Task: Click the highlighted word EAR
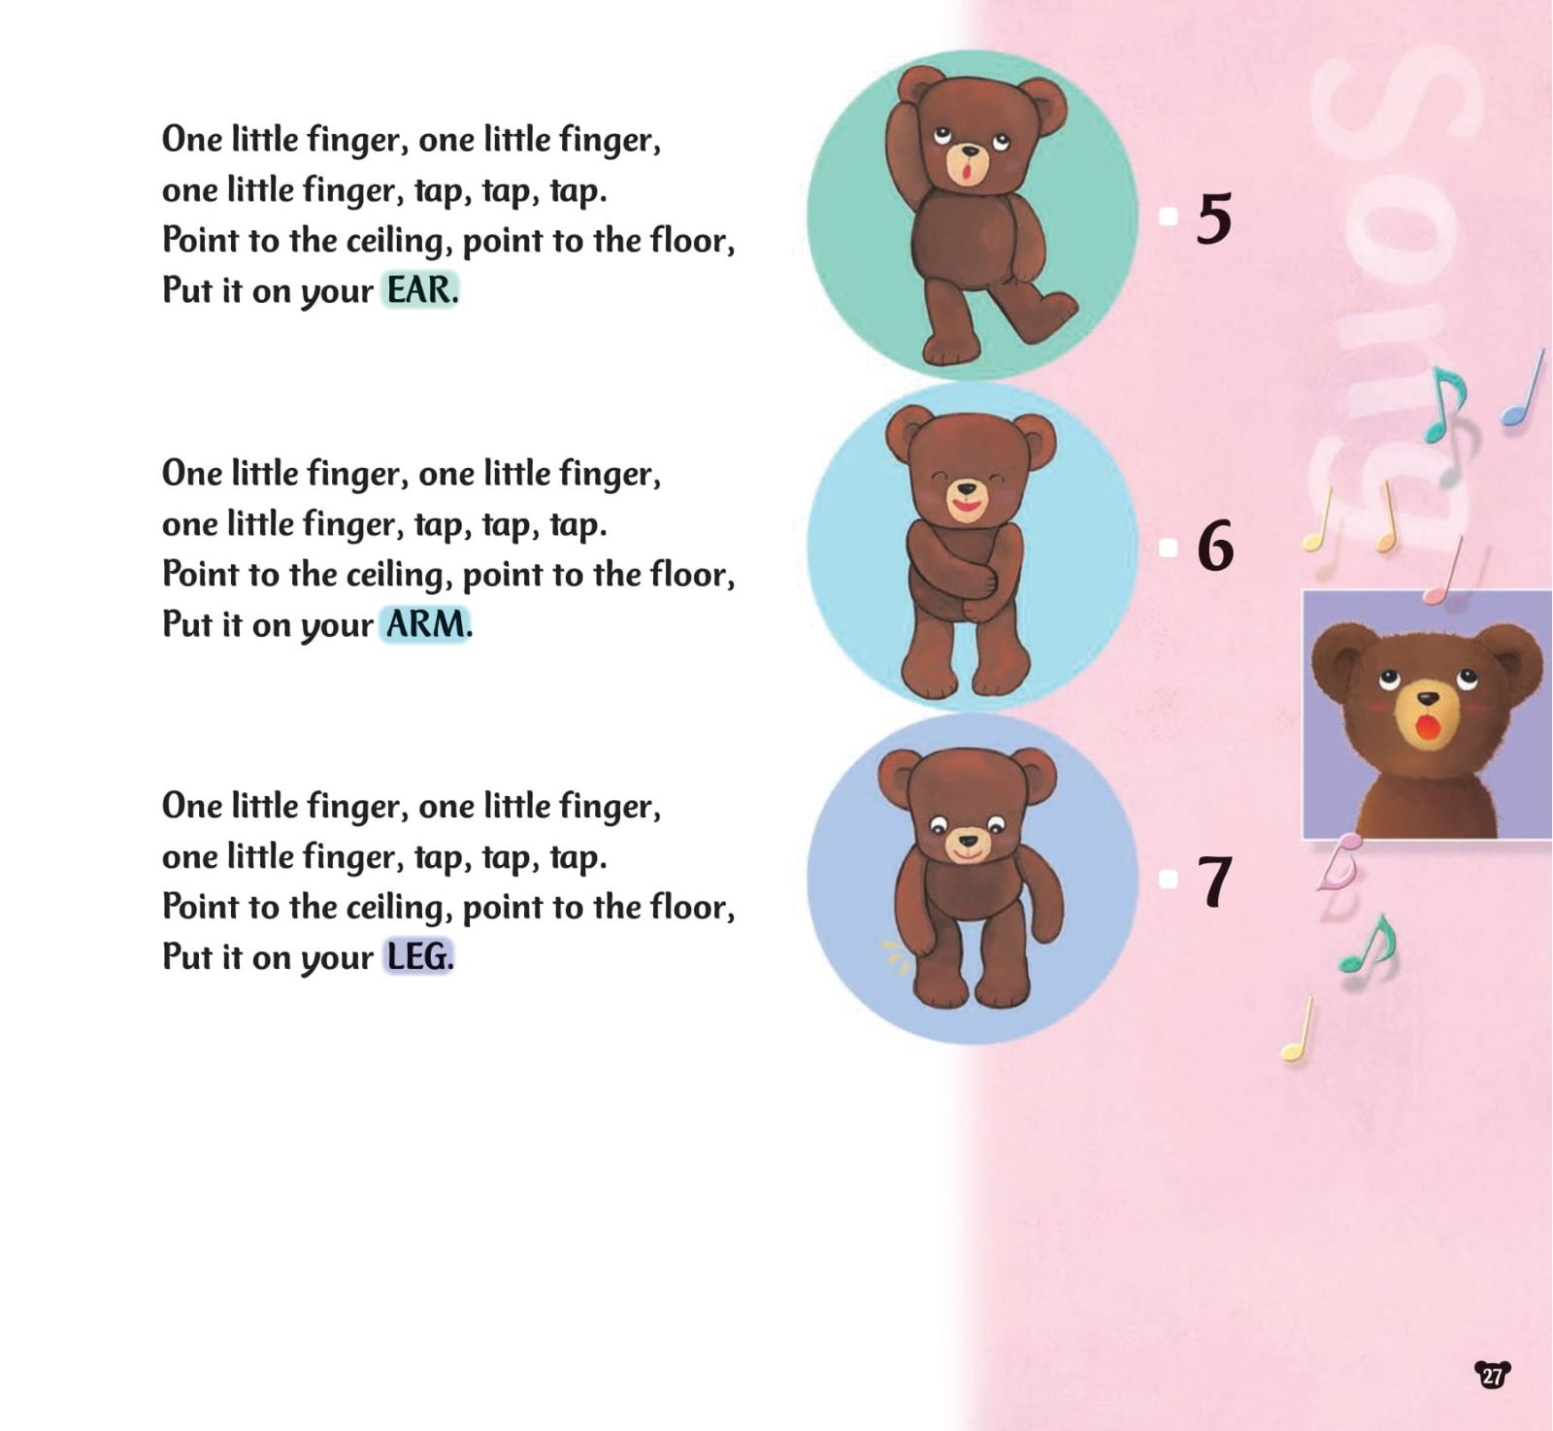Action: (x=418, y=290)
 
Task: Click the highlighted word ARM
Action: (x=425, y=624)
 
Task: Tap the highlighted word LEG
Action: (x=417, y=957)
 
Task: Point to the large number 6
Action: (x=1215, y=546)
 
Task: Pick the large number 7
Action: (x=1214, y=882)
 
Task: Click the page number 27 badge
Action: (x=1493, y=1375)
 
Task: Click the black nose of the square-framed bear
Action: (x=1428, y=698)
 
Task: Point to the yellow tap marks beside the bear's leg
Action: (x=894, y=956)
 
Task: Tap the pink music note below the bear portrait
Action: (x=1339, y=862)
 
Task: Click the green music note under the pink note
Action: (x=1369, y=944)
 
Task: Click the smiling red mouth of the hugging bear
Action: (x=967, y=506)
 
